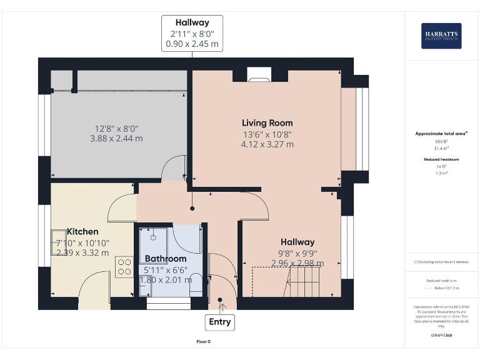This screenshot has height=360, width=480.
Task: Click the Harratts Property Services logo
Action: [441, 36]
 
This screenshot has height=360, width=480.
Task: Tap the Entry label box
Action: [219, 322]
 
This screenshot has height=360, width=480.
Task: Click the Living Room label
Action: [267, 122]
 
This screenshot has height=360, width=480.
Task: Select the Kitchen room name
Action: [82, 231]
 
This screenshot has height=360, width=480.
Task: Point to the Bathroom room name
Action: [166, 259]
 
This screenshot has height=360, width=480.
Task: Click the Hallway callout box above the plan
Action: [192, 33]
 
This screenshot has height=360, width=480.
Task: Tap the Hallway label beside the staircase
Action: [297, 242]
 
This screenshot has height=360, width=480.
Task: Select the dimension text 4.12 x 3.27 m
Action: [267, 144]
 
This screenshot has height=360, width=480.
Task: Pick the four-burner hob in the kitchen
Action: [123, 267]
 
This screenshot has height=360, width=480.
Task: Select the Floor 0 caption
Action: [203, 342]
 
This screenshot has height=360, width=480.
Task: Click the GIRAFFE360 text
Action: [441, 336]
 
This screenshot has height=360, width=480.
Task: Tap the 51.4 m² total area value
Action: [441, 149]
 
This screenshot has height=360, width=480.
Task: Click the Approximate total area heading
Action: [441, 134]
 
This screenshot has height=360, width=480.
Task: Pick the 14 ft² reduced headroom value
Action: [441, 166]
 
